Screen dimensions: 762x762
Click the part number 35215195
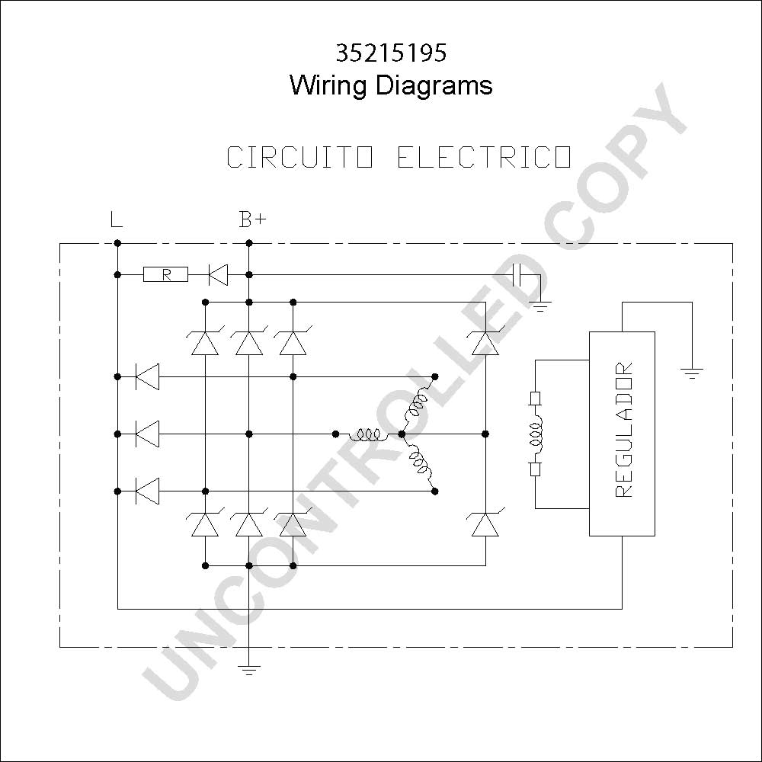tap(391, 53)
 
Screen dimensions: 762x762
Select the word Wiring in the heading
tap(328, 86)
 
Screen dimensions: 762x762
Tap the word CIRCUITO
tap(299, 157)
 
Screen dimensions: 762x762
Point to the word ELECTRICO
tap(484, 157)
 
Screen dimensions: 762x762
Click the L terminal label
tap(116, 219)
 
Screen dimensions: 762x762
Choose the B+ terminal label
tap(253, 219)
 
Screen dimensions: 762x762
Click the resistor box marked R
tap(165, 274)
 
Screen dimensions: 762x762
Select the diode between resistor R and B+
tap(218, 274)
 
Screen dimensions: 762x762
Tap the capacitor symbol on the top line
tap(517, 274)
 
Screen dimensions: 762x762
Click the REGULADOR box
tap(622, 434)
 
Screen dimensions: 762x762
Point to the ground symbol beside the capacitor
tap(540, 306)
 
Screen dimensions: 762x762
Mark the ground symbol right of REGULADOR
tap(692, 373)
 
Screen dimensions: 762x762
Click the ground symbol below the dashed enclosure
tap(249, 670)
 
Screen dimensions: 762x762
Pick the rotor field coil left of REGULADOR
tap(536, 434)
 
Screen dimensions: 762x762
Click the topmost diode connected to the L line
tap(147, 376)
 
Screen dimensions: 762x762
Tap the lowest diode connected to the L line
tap(147, 491)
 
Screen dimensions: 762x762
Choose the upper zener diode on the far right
tap(485, 341)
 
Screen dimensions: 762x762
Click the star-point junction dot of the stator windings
tap(402, 434)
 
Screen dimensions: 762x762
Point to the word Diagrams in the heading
tap(434, 86)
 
